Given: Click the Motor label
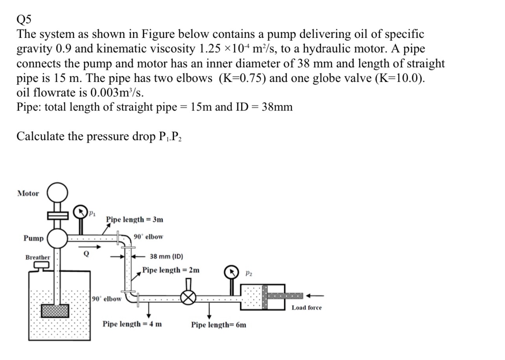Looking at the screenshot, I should point(28,193).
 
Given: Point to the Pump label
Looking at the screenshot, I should point(33,238).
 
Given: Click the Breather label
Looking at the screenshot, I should point(38,257).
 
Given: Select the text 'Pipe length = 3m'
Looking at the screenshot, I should point(135,220).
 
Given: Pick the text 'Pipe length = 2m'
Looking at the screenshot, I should point(171,270).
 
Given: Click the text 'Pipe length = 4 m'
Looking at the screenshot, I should point(132,324).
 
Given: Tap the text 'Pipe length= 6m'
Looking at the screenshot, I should point(219,325).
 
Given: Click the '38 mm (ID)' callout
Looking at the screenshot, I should point(166,257).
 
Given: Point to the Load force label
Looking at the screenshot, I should point(306,308).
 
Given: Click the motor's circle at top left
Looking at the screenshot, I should point(57,193).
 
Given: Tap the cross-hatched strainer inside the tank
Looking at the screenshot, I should point(55,311).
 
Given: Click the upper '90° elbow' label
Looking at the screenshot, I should point(148,237).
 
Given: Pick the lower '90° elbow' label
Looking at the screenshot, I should point(107,299).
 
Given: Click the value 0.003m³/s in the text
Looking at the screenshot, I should point(117,92).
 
